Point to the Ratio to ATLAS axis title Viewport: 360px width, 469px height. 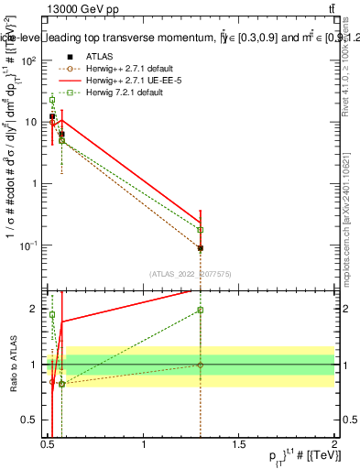click(12, 370)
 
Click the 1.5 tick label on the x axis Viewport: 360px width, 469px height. click(239, 446)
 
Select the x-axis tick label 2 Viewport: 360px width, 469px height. click(334, 446)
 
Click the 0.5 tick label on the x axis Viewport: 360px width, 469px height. click(49, 446)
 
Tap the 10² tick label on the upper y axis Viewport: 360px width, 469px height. click(29, 60)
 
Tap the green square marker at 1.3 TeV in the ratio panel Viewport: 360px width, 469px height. click(201, 311)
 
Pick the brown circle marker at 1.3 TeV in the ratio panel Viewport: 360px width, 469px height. click(201, 365)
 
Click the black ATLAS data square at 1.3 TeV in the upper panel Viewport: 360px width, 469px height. click(201, 248)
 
